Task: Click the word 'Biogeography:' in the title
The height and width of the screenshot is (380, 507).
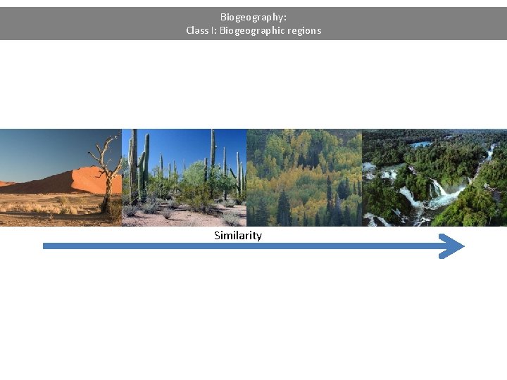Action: (253, 16)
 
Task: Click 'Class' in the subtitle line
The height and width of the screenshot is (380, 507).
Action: (198, 30)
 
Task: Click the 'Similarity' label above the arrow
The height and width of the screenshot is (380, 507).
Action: (237, 235)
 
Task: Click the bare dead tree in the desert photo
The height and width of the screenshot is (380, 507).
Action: (106, 169)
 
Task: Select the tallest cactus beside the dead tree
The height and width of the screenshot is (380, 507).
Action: (145, 165)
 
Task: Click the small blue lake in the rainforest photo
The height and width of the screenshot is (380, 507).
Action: (422, 144)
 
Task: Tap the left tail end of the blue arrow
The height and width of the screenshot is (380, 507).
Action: (46, 246)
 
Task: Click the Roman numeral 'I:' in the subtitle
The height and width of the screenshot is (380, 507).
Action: (214, 30)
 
